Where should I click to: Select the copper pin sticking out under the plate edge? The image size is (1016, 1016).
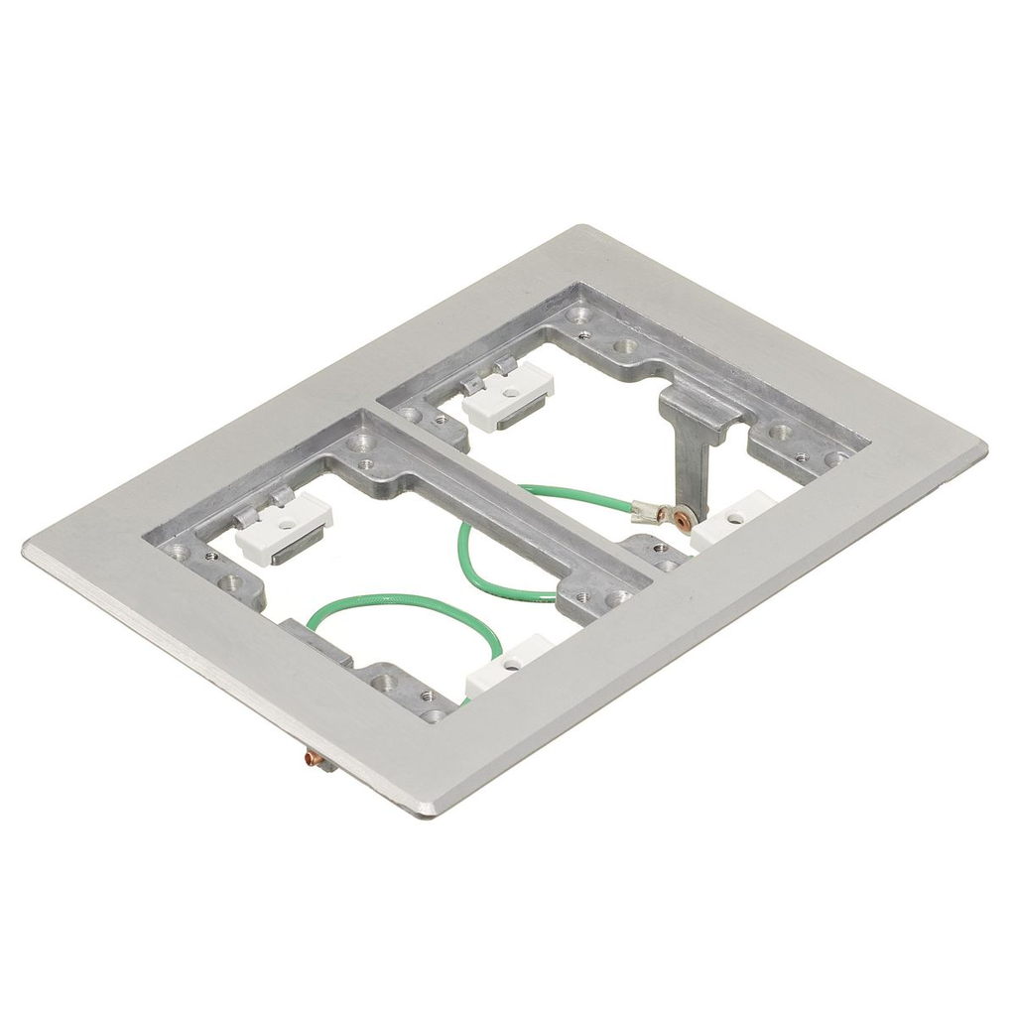point(315,761)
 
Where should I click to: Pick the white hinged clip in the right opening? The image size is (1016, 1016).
point(508,394)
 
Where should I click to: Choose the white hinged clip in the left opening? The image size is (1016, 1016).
point(286,526)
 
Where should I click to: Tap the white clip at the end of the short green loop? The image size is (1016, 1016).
point(509,664)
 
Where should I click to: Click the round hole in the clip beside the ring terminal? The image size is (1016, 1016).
point(735,517)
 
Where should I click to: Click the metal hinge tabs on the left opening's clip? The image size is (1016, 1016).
point(262,505)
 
